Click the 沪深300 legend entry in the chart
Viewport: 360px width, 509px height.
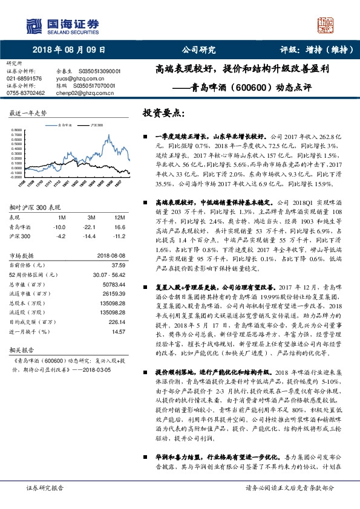pos(96,125)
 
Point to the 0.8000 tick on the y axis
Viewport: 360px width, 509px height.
pos(16,129)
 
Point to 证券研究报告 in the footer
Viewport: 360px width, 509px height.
pos(45,487)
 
